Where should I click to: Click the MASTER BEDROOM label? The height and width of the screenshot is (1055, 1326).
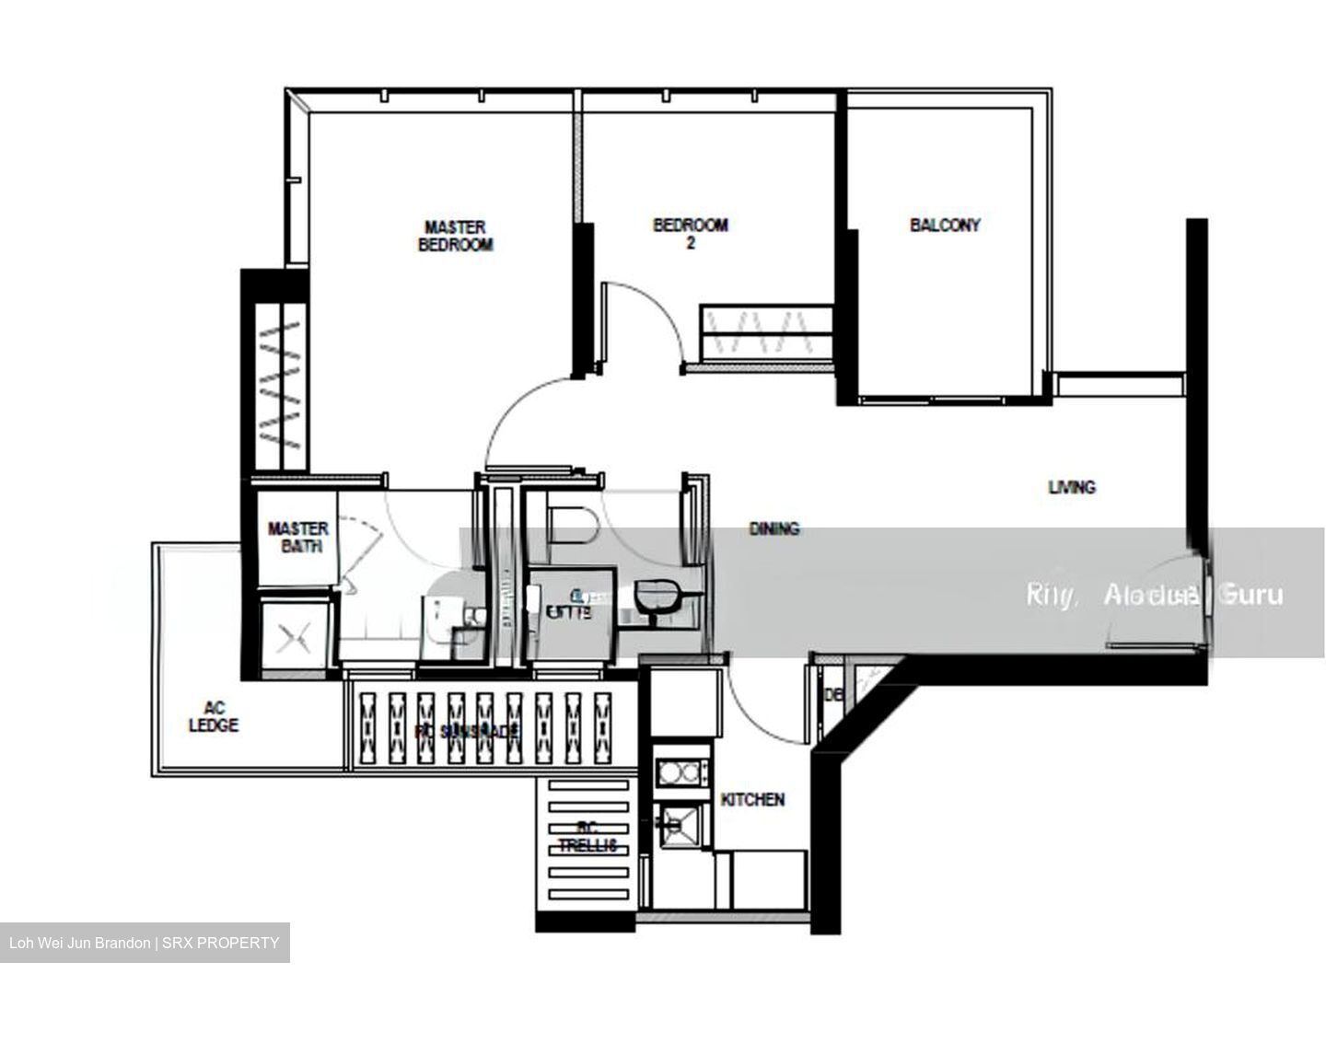456,236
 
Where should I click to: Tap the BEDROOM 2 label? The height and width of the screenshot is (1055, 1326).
690,234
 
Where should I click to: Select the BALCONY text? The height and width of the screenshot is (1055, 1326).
945,225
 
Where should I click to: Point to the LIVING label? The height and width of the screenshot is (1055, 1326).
1072,487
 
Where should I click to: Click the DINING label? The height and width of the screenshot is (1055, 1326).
773,528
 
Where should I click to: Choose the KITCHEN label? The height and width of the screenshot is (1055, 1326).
752,799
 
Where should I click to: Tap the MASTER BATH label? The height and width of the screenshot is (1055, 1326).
297,537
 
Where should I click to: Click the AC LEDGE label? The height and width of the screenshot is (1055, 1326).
214,716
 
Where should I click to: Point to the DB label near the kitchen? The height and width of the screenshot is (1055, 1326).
833,695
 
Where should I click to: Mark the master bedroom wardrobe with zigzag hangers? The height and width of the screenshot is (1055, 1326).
280,387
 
